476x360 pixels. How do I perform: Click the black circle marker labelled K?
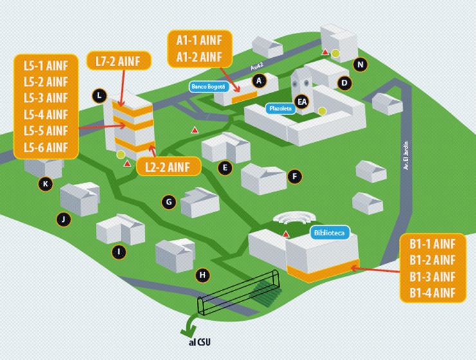[45, 184]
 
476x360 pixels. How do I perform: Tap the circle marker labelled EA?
[302, 100]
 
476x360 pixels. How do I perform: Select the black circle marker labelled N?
[361, 64]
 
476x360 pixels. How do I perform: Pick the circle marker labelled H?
[203, 276]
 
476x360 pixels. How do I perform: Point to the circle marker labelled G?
[169, 202]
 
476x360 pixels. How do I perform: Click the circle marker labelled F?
[295, 175]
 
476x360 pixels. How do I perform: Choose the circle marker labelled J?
[63, 219]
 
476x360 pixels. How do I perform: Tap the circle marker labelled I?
[118, 252]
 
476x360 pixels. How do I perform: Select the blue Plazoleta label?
[280, 109]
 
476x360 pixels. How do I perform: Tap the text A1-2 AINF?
[199, 57]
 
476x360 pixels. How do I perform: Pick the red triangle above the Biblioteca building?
[286, 233]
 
